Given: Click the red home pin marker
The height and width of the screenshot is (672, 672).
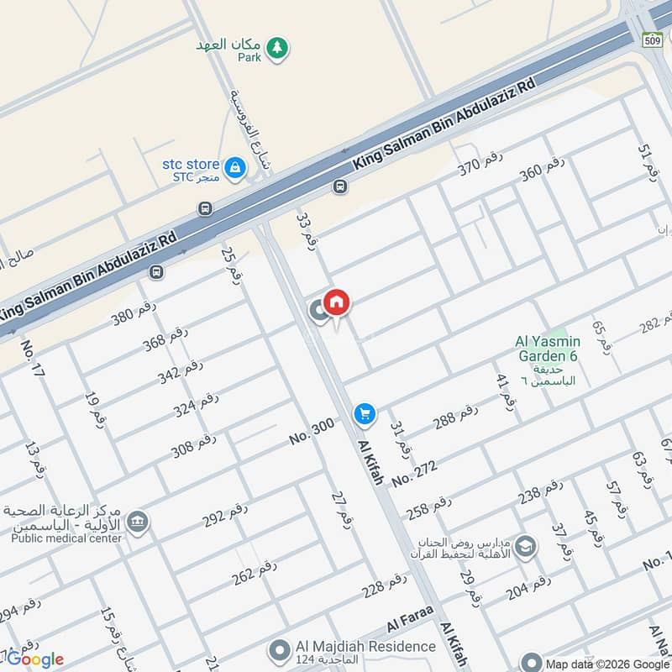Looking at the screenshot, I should [x=337, y=302].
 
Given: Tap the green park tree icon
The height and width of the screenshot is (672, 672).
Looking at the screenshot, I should [x=276, y=50].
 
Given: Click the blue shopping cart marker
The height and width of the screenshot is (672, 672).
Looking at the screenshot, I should [x=365, y=413].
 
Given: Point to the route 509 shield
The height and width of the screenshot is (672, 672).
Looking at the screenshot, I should [x=653, y=39].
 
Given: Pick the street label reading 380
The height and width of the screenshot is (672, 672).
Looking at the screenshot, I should [x=134, y=312].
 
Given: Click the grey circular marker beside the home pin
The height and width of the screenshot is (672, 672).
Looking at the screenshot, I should [x=319, y=311].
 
